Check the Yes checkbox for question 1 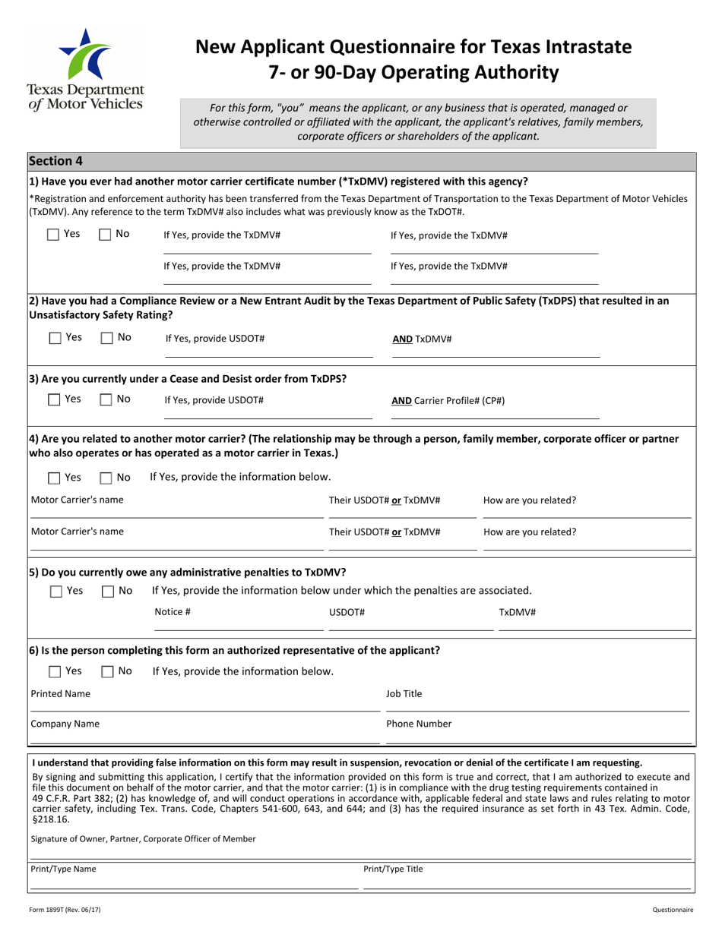coord(53,235)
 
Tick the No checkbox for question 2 coord(106,338)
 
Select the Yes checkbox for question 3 coord(53,399)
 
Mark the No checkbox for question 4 coord(106,478)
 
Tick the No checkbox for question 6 coord(107,671)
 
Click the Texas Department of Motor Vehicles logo coord(85,68)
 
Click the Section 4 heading coord(55,161)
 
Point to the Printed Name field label coord(60,694)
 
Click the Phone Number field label coord(419,724)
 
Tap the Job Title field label coord(404,694)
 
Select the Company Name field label coord(65,724)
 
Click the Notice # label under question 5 coord(173,612)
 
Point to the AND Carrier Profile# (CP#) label coord(448,401)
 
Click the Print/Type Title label coord(393,869)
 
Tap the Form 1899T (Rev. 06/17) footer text coord(65,909)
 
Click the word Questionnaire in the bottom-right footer coord(673,909)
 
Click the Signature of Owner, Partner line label coord(143,839)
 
